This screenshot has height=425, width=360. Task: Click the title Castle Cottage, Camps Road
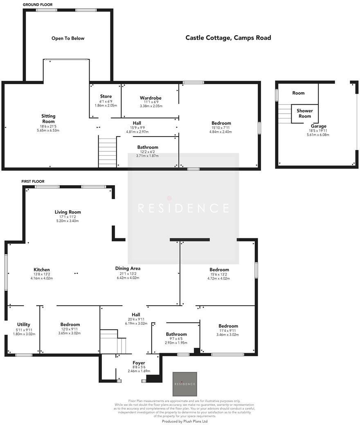tap(228, 38)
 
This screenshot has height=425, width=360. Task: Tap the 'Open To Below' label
tap(68, 38)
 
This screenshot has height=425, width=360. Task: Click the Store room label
tap(106, 96)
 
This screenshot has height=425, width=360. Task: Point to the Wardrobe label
tap(151, 98)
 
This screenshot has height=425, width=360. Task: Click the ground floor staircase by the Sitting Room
tap(108, 152)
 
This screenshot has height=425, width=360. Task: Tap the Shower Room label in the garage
tap(305, 113)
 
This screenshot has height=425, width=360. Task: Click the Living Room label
tap(68, 212)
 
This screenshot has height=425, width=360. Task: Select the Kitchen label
tap(42, 270)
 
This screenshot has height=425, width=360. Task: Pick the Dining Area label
tap(128, 268)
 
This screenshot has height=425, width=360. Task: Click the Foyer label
tap(139, 363)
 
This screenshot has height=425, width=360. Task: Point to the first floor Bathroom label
tap(176, 334)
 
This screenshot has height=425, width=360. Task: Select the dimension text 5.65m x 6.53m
tap(48, 130)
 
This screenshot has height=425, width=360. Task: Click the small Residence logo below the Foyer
tap(184, 384)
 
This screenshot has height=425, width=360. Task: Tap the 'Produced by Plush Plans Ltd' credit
tap(185, 421)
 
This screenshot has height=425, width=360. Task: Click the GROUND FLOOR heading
tap(38, 5)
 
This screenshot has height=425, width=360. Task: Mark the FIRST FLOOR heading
tap(33, 181)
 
